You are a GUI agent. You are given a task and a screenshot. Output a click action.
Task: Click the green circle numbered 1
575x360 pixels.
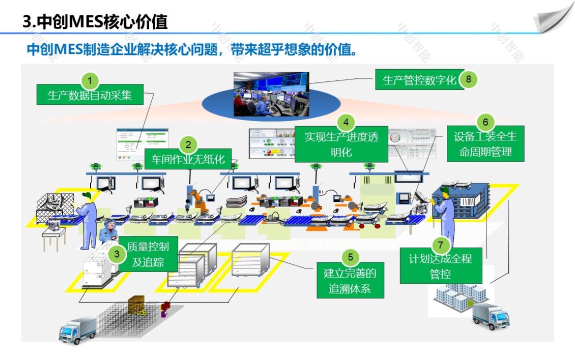[90, 80]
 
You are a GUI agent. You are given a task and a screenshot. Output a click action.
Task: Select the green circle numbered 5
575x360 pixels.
[350, 257]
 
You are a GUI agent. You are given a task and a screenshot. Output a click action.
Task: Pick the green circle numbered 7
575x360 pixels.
[440, 244]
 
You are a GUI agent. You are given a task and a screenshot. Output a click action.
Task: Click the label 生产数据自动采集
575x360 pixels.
[90, 95]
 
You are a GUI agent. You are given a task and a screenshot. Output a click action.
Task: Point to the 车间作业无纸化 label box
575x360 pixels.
[188, 159]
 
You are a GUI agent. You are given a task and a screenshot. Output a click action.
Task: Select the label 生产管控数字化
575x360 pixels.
[419, 80]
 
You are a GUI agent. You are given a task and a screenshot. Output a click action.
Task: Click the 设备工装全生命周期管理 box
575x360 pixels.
[485, 144]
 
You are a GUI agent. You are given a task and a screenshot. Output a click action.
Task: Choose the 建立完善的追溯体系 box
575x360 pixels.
[350, 281]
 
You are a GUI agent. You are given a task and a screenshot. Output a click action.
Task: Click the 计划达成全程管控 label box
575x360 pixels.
[440, 266]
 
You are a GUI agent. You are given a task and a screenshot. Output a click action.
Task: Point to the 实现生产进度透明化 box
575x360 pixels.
[341, 144]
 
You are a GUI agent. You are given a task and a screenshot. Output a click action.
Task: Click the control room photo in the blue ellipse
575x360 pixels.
[271, 94]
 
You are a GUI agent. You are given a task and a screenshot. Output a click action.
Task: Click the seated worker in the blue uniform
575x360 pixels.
[109, 232]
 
